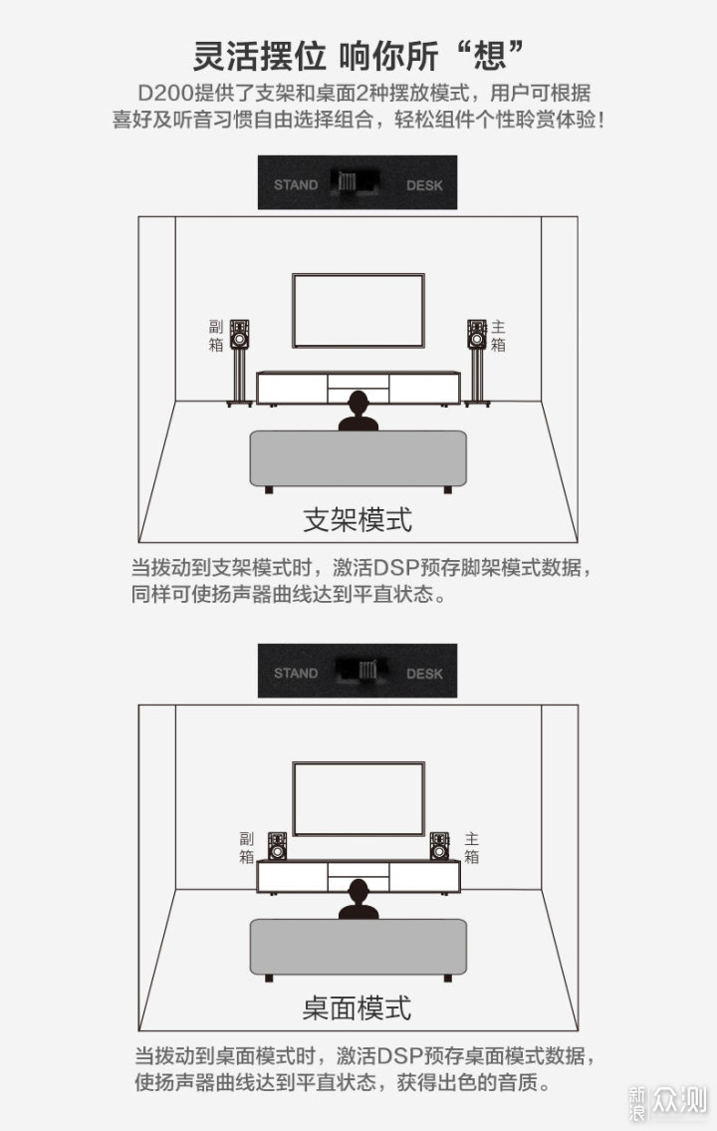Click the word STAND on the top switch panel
click(x=296, y=184)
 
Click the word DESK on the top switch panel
click(x=424, y=184)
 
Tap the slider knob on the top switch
click(x=348, y=182)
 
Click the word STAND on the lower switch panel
click(x=296, y=673)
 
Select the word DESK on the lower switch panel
click(x=424, y=673)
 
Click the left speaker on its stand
click(x=239, y=334)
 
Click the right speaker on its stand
click(x=477, y=334)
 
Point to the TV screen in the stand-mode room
click(x=358, y=310)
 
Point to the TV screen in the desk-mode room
click(x=358, y=798)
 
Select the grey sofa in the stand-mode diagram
click(x=358, y=458)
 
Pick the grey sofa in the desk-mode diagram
click(x=358, y=947)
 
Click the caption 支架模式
click(x=358, y=519)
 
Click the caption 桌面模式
click(x=358, y=1007)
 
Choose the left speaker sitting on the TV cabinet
click(x=277, y=846)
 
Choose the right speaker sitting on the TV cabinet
click(x=439, y=846)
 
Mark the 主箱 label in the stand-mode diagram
click(x=498, y=336)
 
